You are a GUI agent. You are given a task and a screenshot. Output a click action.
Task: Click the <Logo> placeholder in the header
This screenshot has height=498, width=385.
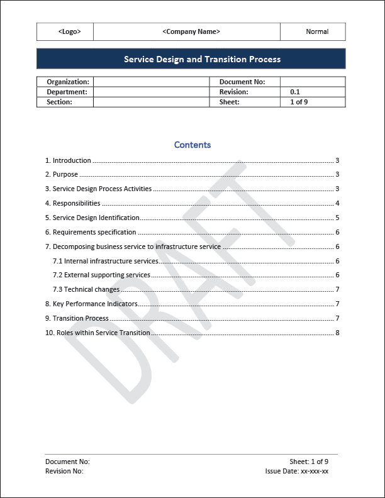(69, 31)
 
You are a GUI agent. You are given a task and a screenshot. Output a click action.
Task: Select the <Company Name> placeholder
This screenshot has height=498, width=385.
(191, 31)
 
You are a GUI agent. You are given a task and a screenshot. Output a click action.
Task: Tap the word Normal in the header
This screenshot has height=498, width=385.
(317, 31)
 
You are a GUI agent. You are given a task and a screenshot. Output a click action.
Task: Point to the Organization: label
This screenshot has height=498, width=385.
(68, 82)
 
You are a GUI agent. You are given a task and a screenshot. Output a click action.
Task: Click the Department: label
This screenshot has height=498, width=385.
(67, 92)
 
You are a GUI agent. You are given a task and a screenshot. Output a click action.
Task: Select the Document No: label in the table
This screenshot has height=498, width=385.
(242, 82)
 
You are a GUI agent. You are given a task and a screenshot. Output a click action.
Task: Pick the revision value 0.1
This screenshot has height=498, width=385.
(295, 92)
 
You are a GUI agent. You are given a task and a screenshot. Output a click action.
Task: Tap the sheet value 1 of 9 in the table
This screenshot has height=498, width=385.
(299, 102)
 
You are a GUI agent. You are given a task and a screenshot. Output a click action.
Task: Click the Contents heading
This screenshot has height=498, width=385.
(192, 145)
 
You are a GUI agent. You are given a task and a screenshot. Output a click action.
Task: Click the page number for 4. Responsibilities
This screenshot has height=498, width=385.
(337, 203)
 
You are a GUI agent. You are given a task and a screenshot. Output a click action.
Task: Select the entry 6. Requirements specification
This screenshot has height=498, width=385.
(91, 232)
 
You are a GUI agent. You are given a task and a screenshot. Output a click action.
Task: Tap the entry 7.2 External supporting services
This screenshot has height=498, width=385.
(101, 275)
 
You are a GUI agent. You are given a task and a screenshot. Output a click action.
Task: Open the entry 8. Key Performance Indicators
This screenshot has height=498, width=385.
(91, 304)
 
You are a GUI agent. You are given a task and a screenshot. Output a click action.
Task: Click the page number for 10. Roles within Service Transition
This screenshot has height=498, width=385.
(337, 333)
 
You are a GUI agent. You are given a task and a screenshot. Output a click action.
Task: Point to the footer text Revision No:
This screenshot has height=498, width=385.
(64, 470)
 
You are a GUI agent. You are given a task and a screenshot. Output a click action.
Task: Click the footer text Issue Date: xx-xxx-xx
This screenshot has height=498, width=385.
(297, 470)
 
